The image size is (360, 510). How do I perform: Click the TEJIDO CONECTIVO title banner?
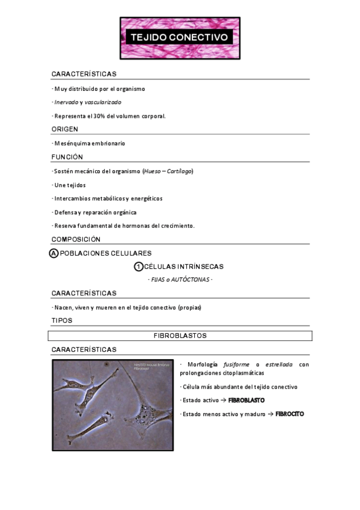point(180,37)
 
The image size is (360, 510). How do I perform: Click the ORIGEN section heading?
point(65,129)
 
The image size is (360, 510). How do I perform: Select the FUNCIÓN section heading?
point(67,157)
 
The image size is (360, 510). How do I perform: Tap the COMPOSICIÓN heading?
point(76,239)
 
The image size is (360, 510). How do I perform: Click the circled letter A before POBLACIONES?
point(53,253)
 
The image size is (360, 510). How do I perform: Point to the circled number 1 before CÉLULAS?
point(138,266)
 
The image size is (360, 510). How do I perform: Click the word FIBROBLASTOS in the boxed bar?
point(180,336)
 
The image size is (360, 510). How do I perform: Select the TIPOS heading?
point(61,321)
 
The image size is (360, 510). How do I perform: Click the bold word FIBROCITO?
point(290,414)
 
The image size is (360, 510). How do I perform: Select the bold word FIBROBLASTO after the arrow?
point(246,400)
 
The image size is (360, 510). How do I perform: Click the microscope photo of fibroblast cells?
point(112,405)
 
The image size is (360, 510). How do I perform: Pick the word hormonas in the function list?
point(140,226)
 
